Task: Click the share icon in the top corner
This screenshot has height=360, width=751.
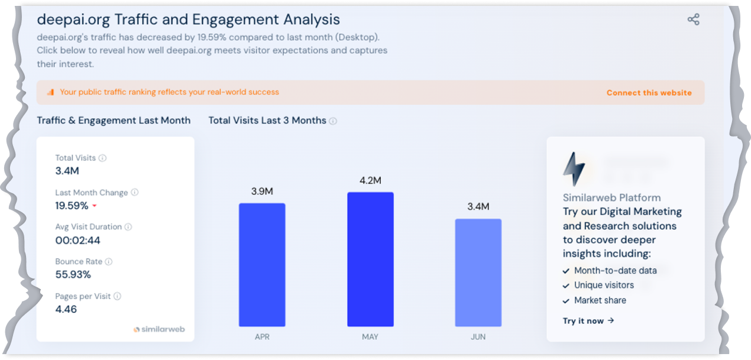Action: point(693,20)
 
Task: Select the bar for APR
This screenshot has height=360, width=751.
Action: point(262,264)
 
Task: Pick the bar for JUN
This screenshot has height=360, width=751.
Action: point(478,272)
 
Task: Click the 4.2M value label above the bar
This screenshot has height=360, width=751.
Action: point(370,180)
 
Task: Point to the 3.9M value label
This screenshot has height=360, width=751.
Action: point(262,192)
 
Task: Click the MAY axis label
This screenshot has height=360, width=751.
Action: point(370,337)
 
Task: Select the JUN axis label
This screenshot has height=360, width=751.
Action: point(478,337)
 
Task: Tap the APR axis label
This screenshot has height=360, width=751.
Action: point(262,337)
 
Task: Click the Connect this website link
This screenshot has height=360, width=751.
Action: point(649,93)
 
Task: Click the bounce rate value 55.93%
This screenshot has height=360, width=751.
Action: point(73,274)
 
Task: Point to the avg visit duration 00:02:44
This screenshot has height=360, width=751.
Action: point(77,240)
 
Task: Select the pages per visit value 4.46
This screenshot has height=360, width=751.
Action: point(66,309)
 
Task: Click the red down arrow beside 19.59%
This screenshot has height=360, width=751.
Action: point(94,206)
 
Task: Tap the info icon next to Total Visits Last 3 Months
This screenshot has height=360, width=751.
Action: point(333,121)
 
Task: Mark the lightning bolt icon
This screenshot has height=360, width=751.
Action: point(574,170)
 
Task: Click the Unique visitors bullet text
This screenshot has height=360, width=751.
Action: point(604,285)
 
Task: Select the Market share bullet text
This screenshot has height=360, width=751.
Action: point(600,300)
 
